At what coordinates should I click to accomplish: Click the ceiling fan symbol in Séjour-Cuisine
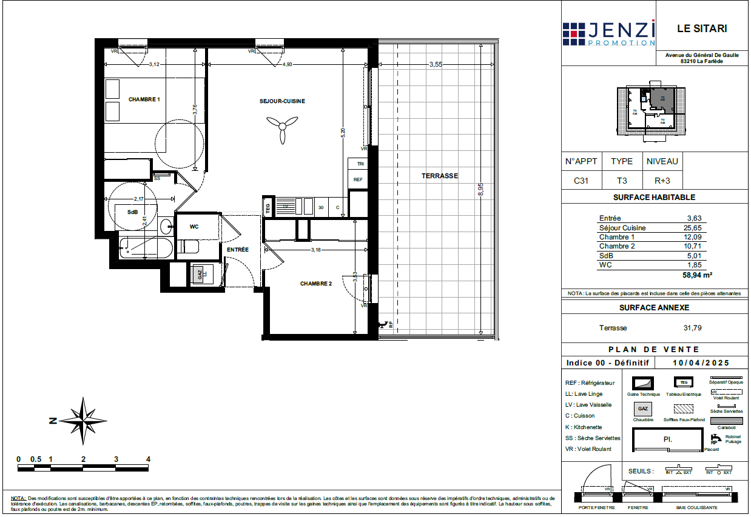point(281,128)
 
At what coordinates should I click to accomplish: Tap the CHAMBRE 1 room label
point(144,99)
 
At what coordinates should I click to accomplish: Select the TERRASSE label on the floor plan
point(440,176)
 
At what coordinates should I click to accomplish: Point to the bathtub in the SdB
point(143,248)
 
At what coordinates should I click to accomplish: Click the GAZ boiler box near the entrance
point(200,275)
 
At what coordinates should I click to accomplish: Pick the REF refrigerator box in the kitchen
point(358,179)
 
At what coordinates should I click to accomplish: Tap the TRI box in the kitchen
point(360,164)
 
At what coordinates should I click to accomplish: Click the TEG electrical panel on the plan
point(268,207)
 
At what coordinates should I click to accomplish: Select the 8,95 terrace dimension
point(480,190)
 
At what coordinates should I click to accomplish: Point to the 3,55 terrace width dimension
point(435,64)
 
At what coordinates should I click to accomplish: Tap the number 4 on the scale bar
point(147,459)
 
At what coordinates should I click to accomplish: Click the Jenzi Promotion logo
point(608,34)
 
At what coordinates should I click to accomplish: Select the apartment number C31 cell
point(581,180)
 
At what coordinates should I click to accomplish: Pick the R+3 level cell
point(662,180)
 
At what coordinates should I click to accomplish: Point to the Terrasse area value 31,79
point(692,328)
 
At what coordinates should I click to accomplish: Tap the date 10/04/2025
point(701,362)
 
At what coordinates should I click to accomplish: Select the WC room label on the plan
point(194,227)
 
